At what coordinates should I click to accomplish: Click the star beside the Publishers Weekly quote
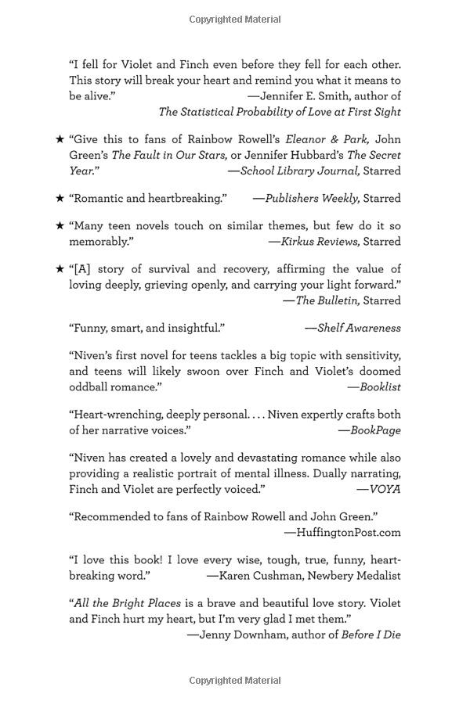pos(60,199)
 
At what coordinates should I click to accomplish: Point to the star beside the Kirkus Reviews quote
pos(60,226)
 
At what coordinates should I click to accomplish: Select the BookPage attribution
pos(375,430)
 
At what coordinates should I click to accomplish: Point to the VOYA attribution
pos(384,489)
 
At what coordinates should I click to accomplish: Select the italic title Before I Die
pos(371,634)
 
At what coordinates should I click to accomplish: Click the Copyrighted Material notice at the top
pos(235,20)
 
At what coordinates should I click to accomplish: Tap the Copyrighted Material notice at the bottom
pos(235,681)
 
